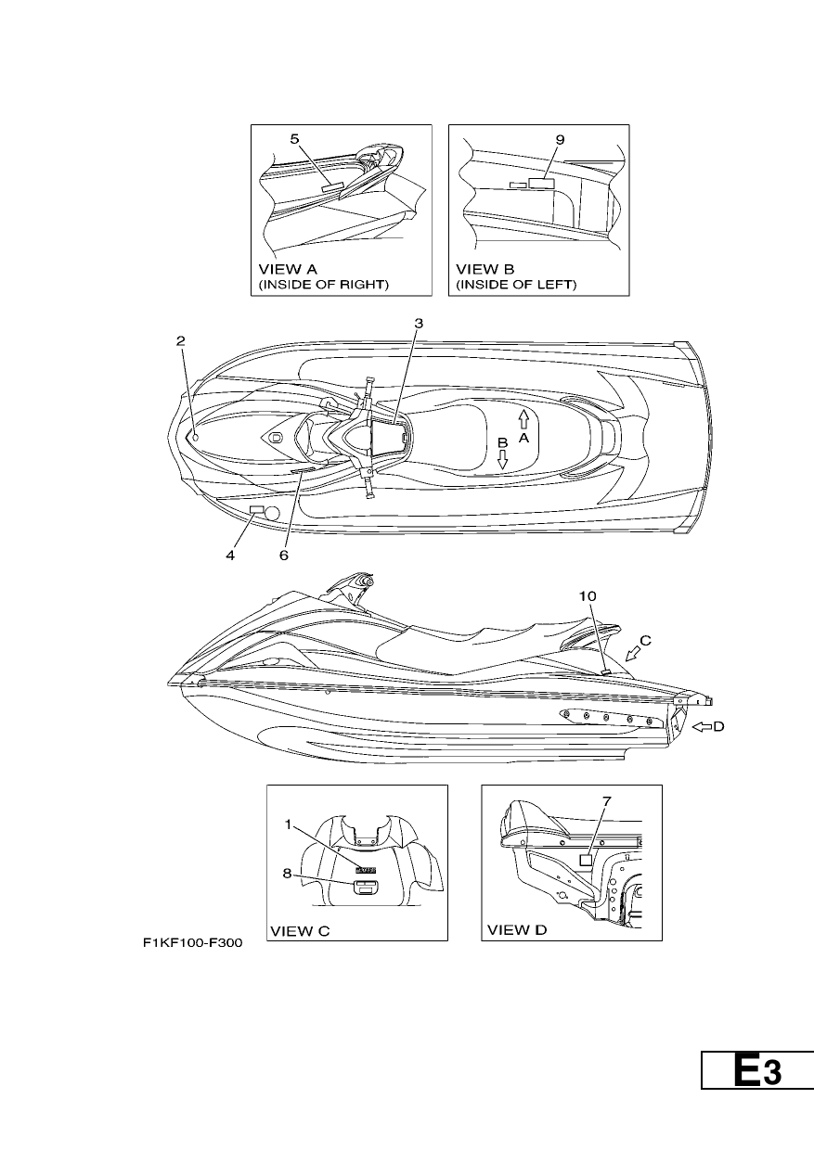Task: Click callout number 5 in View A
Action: pos(294,139)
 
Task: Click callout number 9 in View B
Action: pos(560,140)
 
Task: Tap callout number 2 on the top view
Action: pos(180,341)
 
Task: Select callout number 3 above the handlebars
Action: pos(419,324)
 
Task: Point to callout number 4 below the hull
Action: pos(230,556)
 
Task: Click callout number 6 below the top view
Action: pos(284,556)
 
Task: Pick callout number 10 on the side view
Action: pos(588,596)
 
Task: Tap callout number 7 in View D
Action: pos(606,801)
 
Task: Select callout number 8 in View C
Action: pos(287,873)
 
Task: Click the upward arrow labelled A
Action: pos(523,419)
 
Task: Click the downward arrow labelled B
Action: pos(502,459)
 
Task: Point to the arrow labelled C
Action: pos(633,654)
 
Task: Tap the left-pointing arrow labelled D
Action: pos(702,726)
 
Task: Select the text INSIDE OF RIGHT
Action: pos(323,285)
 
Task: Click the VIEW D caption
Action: pos(517,930)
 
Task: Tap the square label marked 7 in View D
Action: pos(586,860)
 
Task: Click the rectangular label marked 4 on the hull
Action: pos(256,510)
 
